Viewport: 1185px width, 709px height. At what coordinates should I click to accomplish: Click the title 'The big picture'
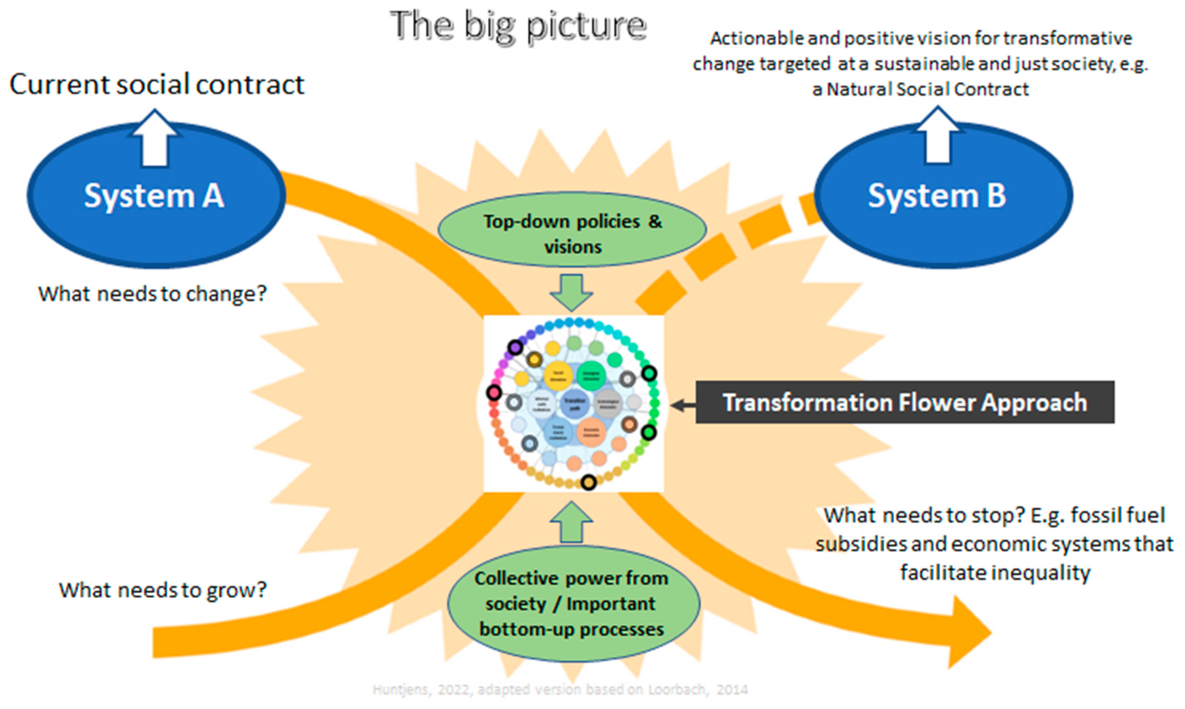coord(518,26)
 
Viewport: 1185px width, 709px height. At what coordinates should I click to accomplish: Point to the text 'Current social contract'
coord(157,85)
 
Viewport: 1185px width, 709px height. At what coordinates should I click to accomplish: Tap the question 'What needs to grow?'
coord(163,590)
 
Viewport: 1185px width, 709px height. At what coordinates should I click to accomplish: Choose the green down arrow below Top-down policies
coord(572,292)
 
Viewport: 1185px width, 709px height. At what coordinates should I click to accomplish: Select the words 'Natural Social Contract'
coord(927,89)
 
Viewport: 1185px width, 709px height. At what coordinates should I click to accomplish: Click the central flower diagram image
coord(573,404)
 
